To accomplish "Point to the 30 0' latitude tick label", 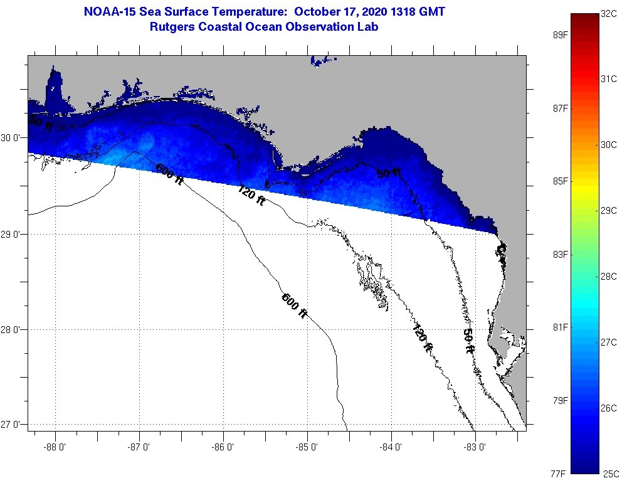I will point(13,137).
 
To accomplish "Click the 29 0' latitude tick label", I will point(13,235).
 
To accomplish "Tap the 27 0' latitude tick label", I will point(13,425).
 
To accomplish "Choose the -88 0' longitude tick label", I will point(55,447).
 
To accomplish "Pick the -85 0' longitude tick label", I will point(307,447).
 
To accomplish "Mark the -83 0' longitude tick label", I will point(475,447).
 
